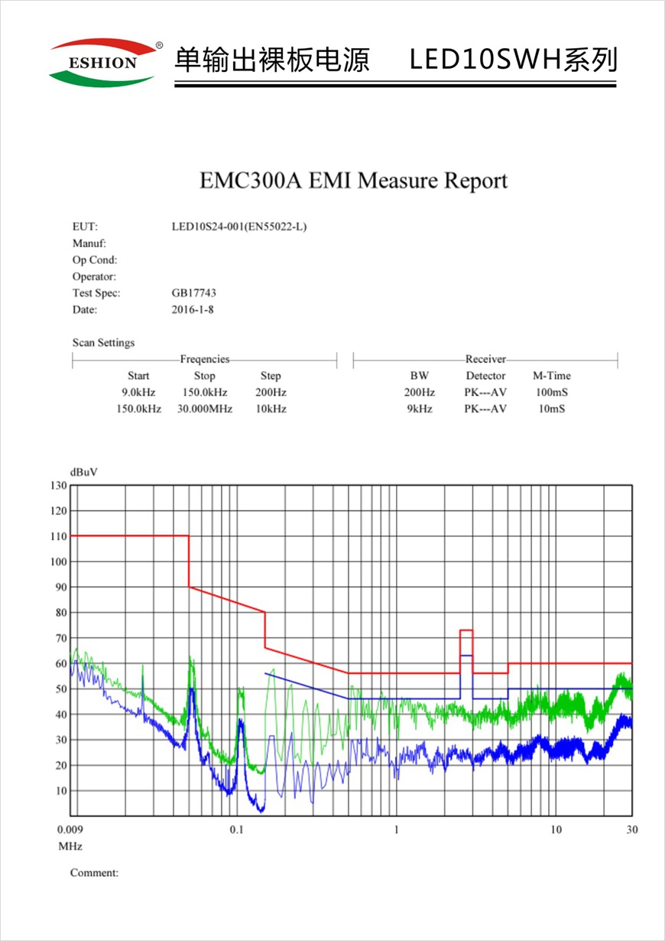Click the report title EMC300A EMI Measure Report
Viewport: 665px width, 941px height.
pyautogui.click(x=353, y=181)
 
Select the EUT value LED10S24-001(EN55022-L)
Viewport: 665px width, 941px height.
pyautogui.click(x=239, y=226)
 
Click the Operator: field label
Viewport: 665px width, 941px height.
pyautogui.click(x=94, y=276)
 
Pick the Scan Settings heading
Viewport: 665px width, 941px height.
pyautogui.click(x=103, y=343)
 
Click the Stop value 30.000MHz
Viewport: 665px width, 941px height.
pyautogui.click(x=204, y=409)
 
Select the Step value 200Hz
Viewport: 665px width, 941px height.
pyautogui.click(x=271, y=392)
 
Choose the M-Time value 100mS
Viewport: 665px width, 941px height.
pyautogui.click(x=551, y=392)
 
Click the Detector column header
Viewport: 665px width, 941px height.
pyautogui.click(x=485, y=376)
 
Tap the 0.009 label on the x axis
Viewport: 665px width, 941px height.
pyautogui.click(x=71, y=830)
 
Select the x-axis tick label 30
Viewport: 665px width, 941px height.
pyautogui.click(x=631, y=830)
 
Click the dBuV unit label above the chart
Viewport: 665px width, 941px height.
pyautogui.click(x=83, y=471)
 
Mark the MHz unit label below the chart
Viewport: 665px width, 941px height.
pyautogui.click(x=70, y=846)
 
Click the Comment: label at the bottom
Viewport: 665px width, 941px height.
pyautogui.click(x=94, y=873)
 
